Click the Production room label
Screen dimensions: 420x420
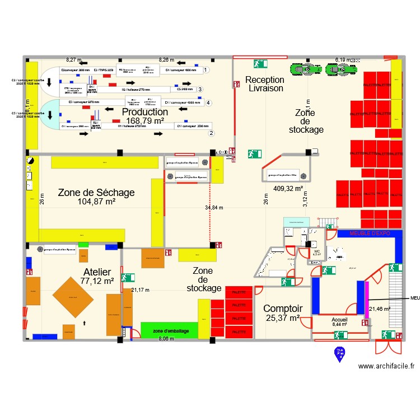(145, 111)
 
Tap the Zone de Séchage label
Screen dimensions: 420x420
(96, 193)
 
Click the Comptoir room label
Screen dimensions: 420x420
(283, 309)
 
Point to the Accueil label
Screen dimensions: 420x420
(339, 318)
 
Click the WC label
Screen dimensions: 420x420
(316, 251)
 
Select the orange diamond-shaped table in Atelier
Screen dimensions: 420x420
(73, 297)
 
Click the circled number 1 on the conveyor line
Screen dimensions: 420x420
(206, 70)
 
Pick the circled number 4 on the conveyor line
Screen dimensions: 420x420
(208, 102)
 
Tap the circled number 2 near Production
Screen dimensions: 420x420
(211, 133)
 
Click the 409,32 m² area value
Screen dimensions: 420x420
(288, 189)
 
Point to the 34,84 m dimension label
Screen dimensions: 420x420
(214, 208)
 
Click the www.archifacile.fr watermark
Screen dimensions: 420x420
(386, 366)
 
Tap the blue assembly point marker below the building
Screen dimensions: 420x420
(339, 353)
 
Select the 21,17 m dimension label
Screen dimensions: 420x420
(141, 290)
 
